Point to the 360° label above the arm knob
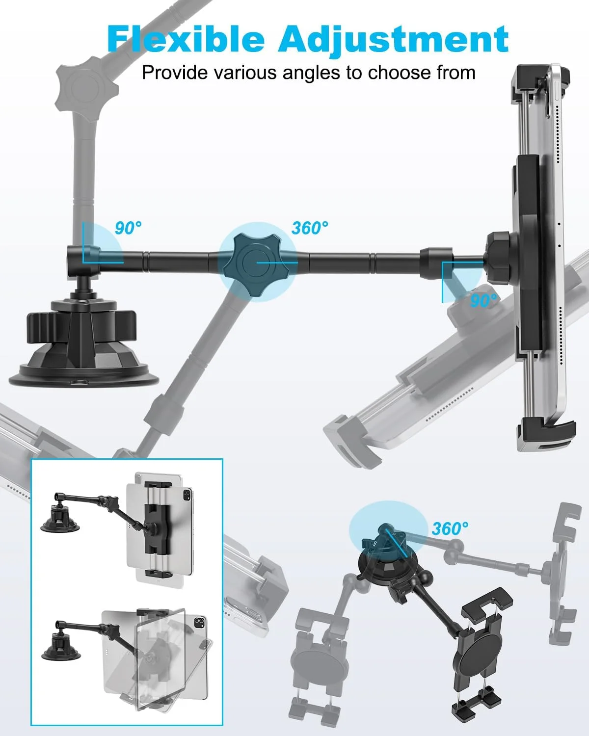(310, 228)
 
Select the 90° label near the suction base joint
(128, 228)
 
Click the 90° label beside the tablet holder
(483, 301)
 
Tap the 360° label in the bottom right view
(450, 529)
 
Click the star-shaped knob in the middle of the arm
(257, 263)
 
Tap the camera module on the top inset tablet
(187, 494)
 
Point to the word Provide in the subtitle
(175, 73)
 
